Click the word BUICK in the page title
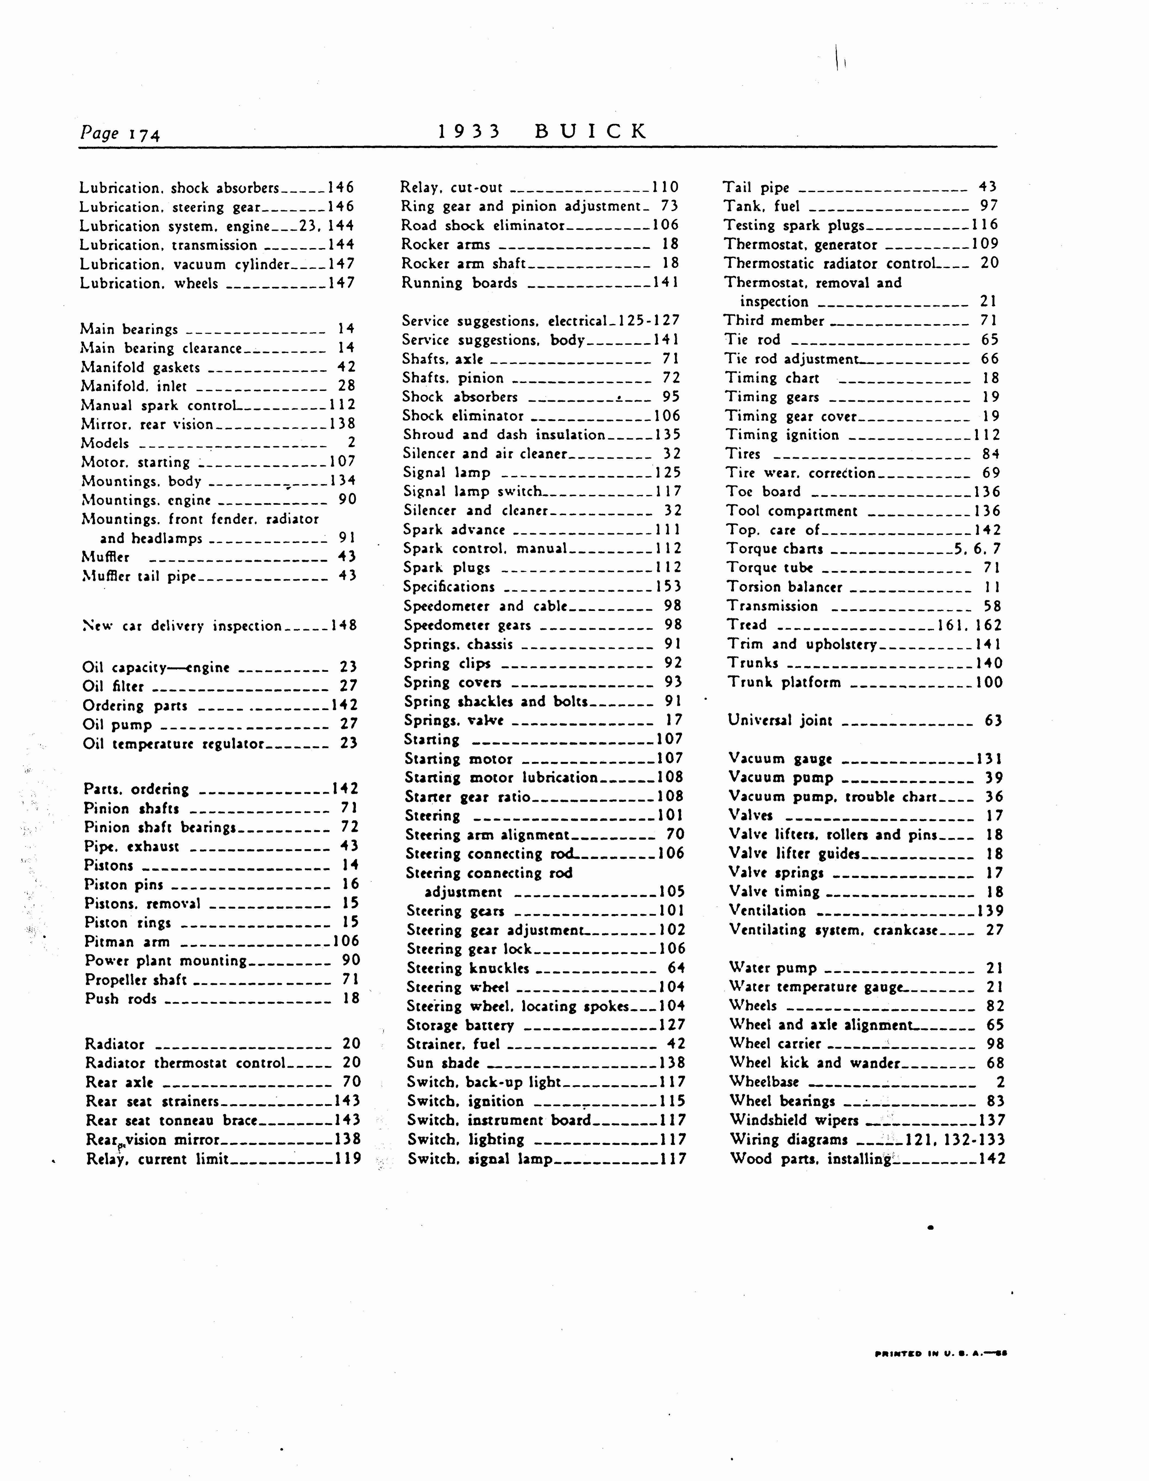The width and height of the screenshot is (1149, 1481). coord(591,131)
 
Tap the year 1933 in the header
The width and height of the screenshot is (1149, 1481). coord(469,131)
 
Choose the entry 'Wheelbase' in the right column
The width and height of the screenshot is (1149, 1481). coord(764,1082)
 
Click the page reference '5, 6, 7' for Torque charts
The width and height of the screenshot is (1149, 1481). coord(977,549)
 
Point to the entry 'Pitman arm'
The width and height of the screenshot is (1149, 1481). coord(127,941)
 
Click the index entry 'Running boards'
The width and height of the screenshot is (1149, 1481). coord(459,283)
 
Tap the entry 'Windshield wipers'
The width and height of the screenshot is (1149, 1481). coord(794,1120)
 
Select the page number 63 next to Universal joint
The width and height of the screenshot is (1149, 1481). coord(993,720)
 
